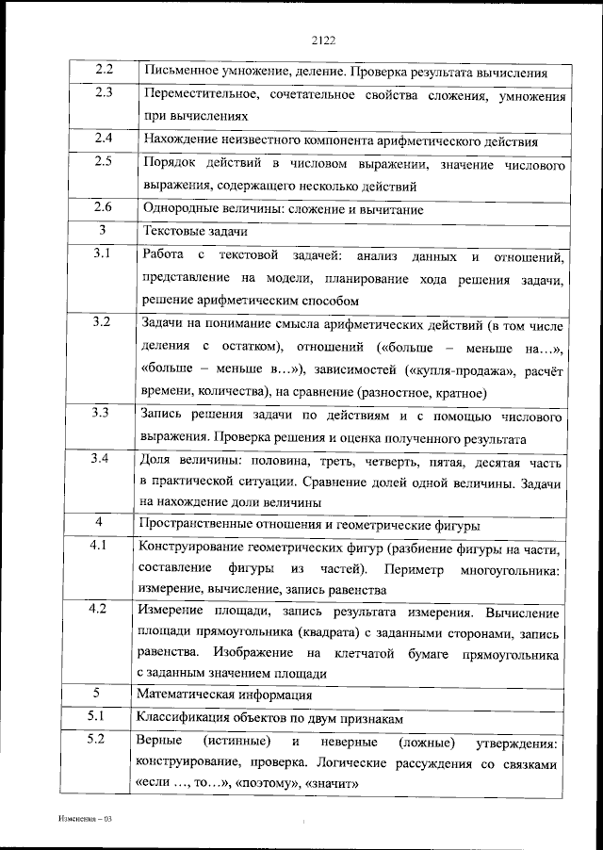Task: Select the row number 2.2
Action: coord(105,70)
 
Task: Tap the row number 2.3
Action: coord(105,92)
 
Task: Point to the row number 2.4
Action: coord(105,139)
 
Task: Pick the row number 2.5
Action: coord(105,161)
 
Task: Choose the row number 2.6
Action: coord(105,206)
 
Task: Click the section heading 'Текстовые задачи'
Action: coord(187,231)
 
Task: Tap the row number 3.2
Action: coord(105,322)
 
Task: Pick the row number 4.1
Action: coord(105,546)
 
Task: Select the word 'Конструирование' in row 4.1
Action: coord(193,548)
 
